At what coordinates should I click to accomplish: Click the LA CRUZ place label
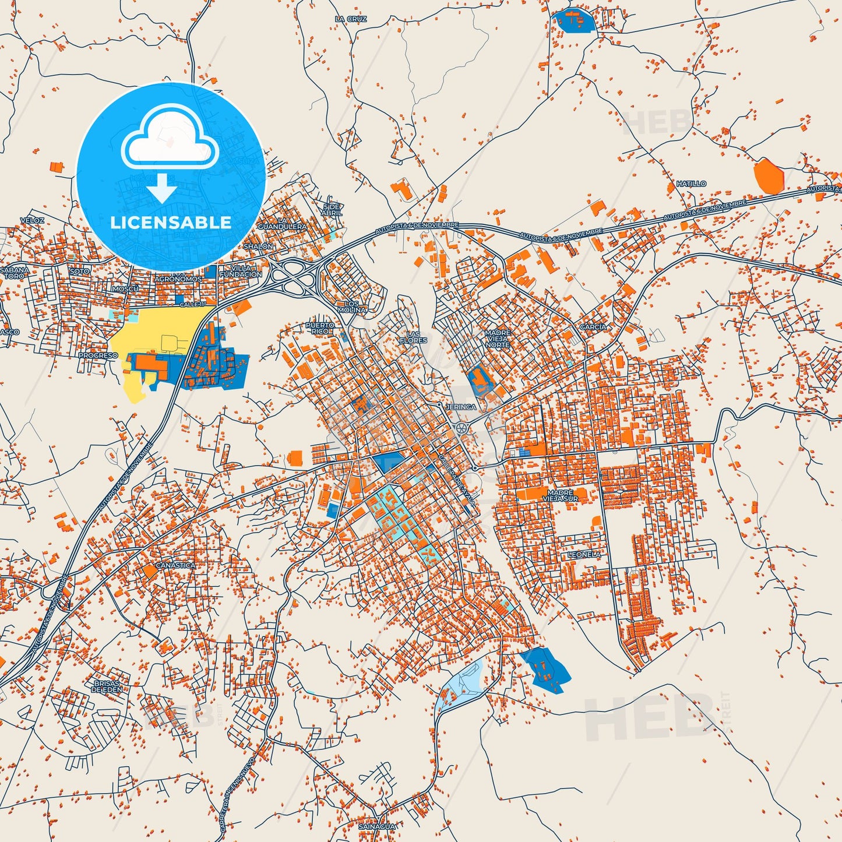(x=351, y=19)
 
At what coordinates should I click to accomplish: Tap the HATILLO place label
(x=691, y=184)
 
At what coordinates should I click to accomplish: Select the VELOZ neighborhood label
(x=32, y=220)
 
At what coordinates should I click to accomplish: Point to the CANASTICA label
(x=176, y=565)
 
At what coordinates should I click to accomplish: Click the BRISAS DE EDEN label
(x=107, y=686)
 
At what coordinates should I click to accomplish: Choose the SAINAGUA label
(x=377, y=826)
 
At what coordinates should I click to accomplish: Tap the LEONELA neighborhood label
(x=584, y=555)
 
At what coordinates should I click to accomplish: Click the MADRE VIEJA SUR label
(x=560, y=496)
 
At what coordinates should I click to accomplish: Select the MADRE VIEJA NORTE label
(x=497, y=339)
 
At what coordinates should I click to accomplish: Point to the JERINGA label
(x=460, y=407)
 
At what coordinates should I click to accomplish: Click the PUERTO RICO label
(x=320, y=328)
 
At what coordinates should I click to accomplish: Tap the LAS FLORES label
(x=413, y=337)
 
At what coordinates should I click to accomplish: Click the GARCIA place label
(x=593, y=327)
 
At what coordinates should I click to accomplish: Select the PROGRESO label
(x=98, y=355)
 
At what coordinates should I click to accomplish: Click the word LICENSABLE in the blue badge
(x=171, y=223)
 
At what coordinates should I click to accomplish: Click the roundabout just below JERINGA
(x=462, y=428)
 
